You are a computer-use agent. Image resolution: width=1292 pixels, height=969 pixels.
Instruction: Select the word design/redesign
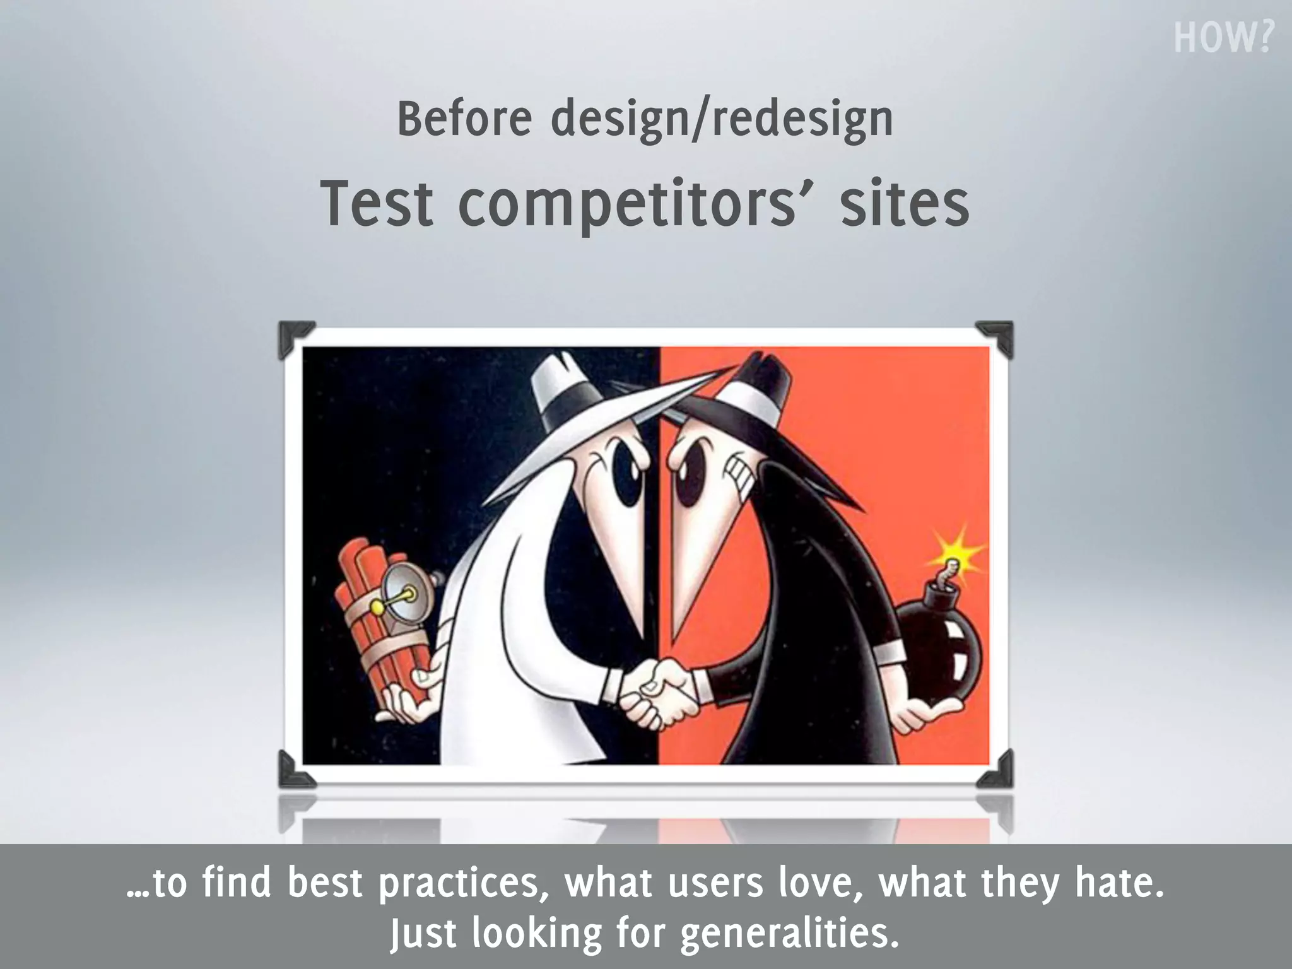[722, 120]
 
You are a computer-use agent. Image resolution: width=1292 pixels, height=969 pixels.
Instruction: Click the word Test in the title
[377, 204]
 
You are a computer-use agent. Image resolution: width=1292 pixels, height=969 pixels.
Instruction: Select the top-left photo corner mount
[294, 338]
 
